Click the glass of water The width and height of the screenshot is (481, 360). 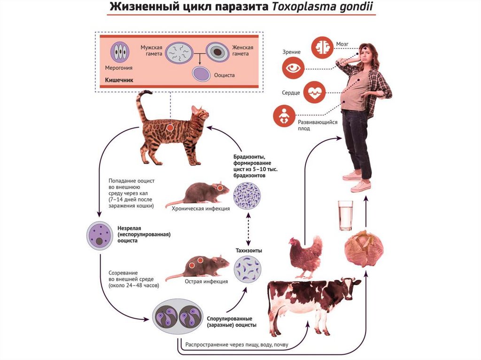pyautogui.click(x=345, y=215)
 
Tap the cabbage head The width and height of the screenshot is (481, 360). pyautogui.click(x=364, y=248)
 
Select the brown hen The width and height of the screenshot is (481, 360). pyautogui.click(x=305, y=256)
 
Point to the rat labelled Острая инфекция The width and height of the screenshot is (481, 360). pyautogui.click(x=197, y=268)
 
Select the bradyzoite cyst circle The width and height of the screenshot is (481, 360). pyautogui.click(x=248, y=195)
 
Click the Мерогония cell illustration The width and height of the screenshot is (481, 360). pyautogui.click(x=121, y=53)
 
